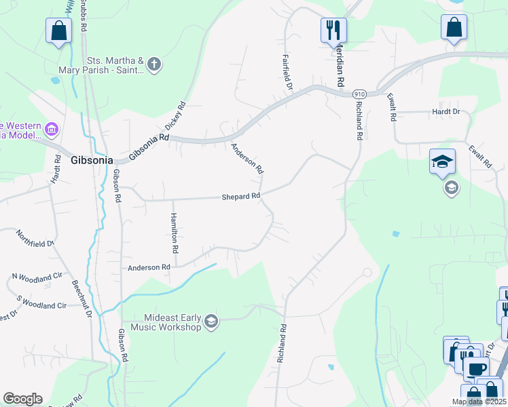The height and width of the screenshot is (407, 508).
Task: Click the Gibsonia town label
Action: [x=88, y=161]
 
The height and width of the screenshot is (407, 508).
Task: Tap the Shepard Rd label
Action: [x=241, y=197]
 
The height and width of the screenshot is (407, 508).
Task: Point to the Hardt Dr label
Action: [x=446, y=112]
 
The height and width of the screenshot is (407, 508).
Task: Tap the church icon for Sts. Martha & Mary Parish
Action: [x=154, y=65]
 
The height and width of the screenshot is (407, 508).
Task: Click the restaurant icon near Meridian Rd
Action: [x=333, y=29]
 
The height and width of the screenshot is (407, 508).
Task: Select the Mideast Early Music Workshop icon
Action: [x=211, y=322]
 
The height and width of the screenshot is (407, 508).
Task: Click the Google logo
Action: [x=22, y=399]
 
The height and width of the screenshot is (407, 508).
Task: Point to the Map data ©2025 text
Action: [x=479, y=402]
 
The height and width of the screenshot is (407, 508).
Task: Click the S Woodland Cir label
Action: [x=41, y=305]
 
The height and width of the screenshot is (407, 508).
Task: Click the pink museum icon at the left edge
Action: [x=50, y=128]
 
